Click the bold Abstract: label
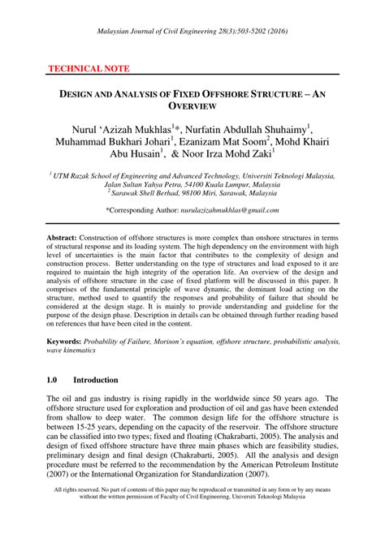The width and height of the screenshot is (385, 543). point(66,235)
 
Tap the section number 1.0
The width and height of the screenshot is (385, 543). point(54,379)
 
